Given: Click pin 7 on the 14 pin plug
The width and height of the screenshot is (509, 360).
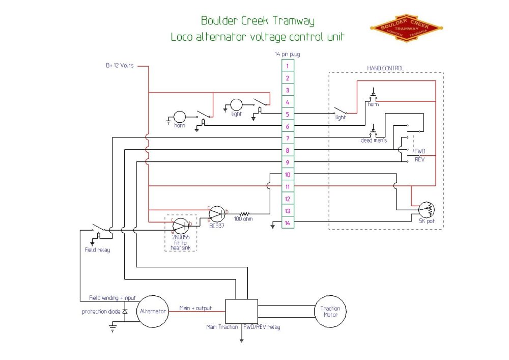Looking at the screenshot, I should pos(287,139).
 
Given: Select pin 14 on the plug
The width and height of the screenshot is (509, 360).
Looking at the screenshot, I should pos(287,223).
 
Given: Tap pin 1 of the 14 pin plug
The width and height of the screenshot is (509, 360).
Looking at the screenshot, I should pos(287,66).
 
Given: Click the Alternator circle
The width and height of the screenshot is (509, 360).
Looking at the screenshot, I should pos(153,311).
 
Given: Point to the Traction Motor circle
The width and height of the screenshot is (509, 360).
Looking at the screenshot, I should pos(330,311).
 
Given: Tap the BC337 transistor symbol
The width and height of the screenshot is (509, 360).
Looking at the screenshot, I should pos(217,213).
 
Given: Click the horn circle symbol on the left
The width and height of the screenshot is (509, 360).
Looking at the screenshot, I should pos(180,118).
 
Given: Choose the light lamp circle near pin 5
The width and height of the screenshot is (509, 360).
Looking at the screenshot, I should pos(236,105).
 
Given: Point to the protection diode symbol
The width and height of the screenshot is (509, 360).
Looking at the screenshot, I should pos(125,311).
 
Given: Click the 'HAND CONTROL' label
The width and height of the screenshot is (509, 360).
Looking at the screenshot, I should pos(385,68).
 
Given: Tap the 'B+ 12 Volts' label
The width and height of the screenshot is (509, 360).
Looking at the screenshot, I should pos(120,65).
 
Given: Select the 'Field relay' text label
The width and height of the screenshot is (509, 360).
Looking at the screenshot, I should pos(97,250).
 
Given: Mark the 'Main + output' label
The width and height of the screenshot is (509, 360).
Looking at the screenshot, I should pos(195,308).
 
